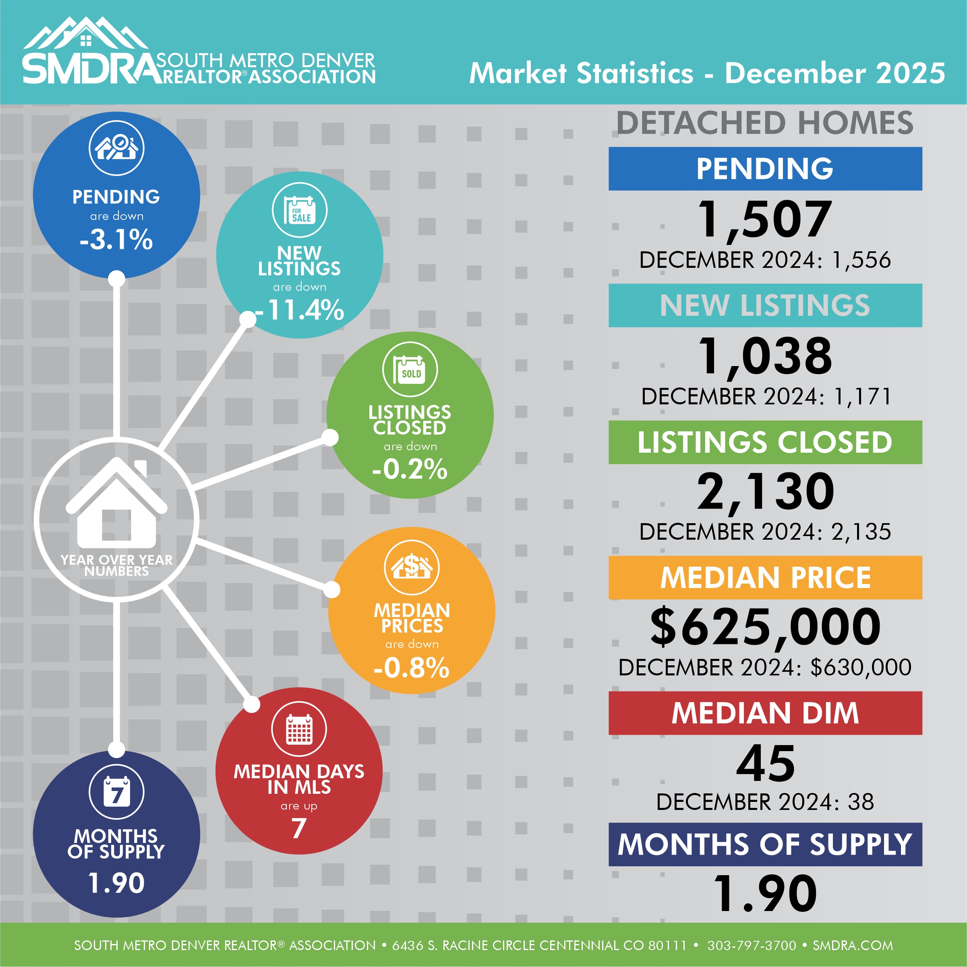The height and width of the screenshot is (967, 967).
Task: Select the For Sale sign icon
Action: coord(299,210)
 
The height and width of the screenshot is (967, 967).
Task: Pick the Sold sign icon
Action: coord(410,369)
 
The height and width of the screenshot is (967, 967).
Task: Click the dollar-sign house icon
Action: coord(412,567)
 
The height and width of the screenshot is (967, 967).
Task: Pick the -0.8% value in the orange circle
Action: coord(412,667)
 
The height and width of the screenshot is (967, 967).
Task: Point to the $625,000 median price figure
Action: coord(765,627)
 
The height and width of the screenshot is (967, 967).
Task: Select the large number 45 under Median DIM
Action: coord(765,763)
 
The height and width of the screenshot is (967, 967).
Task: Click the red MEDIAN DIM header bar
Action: coord(765,713)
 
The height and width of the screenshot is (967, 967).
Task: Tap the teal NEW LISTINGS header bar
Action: coord(765,305)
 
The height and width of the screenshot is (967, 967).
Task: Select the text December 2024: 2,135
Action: coord(765,532)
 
